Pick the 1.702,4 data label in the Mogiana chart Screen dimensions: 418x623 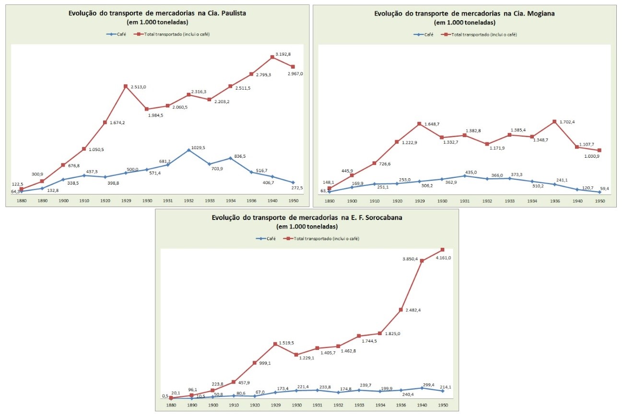coord(566,122)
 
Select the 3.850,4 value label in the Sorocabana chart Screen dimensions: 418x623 coord(410,259)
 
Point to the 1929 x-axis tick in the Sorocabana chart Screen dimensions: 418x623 coord(276,405)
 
